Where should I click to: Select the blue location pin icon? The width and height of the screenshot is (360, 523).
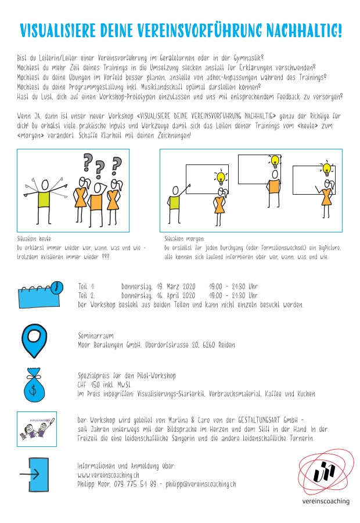(37, 339)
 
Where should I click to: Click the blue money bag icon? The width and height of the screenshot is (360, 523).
(37, 383)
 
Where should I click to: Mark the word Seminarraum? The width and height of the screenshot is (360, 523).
(96, 336)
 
